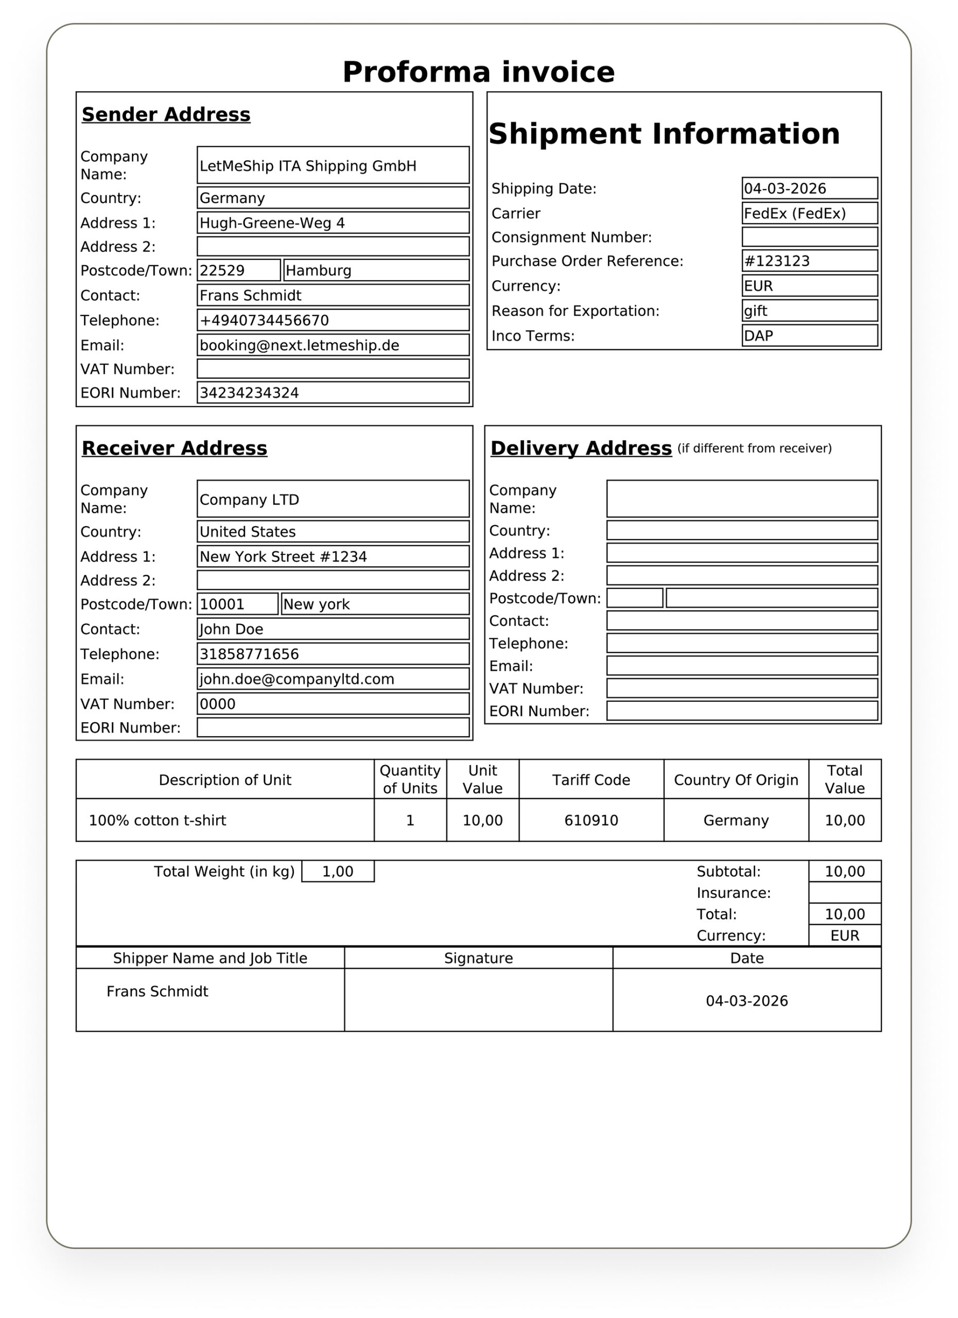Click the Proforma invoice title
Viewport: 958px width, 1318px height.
478,72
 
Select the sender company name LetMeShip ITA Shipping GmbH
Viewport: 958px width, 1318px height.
308,166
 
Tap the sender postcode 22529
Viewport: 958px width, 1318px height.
222,271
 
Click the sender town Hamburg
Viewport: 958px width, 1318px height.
318,271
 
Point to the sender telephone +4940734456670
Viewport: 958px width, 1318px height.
264,321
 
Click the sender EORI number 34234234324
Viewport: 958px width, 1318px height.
249,393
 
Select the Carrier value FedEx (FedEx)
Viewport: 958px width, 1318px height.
795,214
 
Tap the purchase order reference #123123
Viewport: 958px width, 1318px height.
777,262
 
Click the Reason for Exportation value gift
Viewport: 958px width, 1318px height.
756,311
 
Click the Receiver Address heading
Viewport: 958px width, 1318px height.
175,448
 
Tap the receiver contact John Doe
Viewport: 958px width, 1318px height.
231,629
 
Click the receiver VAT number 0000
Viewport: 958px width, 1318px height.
218,704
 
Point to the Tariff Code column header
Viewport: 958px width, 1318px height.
591,781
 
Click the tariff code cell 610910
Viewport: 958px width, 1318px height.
591,821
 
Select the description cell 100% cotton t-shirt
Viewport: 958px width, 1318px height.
158,821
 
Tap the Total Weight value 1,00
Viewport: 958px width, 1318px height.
338,872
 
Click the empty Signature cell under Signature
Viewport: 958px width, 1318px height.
478,999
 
